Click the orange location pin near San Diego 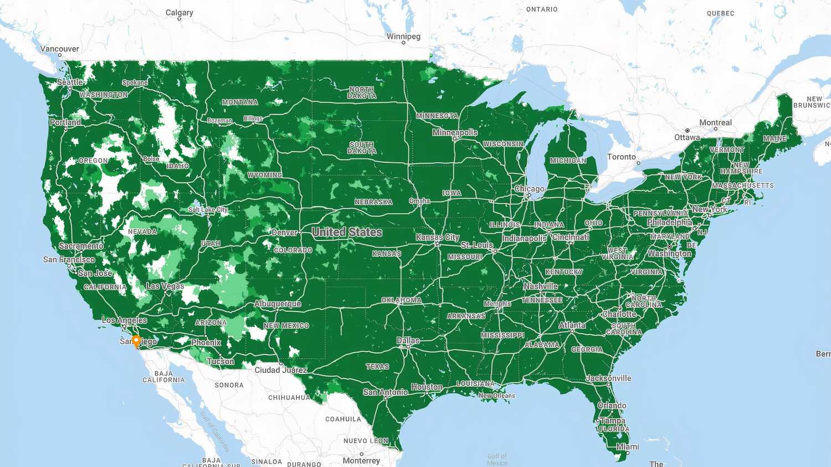[136, 340]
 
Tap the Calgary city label [179, 13]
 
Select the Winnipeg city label [403, 37]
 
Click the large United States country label [347, 232]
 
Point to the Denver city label [284, 233]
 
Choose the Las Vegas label [165, 286]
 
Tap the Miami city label [627, 447]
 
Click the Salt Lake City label [208, 210]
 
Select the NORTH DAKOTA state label [362, 93]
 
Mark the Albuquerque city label [278, 304]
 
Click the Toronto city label [622, 157]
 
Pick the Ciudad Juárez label [281, 370]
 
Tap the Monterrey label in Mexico [361, 460]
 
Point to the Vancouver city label [60, 49]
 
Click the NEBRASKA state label [373, 202]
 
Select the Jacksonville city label [609, 378]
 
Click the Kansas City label [438, 237]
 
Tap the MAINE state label [774, 138]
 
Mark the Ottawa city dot [688, 131]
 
